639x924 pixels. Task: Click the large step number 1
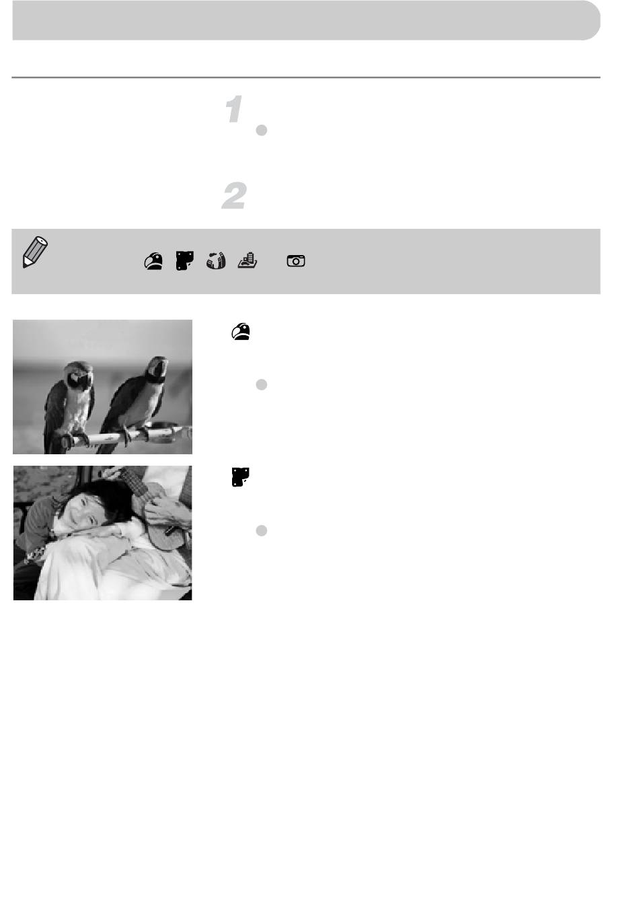(235, 109)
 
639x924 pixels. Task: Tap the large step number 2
(234, 196)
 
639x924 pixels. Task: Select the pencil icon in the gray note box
(34, 252)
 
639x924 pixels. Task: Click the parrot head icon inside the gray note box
(153, 261)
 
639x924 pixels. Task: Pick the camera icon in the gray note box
(295, 260)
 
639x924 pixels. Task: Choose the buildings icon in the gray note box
(248, 260)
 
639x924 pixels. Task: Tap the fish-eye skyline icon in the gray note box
(216, 260)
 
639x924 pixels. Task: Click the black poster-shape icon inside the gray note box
(185, 260)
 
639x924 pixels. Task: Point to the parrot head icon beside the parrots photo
(241, 332)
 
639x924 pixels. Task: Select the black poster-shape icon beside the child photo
(240, 477)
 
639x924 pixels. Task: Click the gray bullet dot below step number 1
(262, 131)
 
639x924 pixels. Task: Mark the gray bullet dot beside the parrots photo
(262, 385)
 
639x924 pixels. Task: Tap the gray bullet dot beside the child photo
(262, 530)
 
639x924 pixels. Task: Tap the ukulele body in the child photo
(165, 536)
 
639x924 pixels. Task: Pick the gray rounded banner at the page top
(306, 20)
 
